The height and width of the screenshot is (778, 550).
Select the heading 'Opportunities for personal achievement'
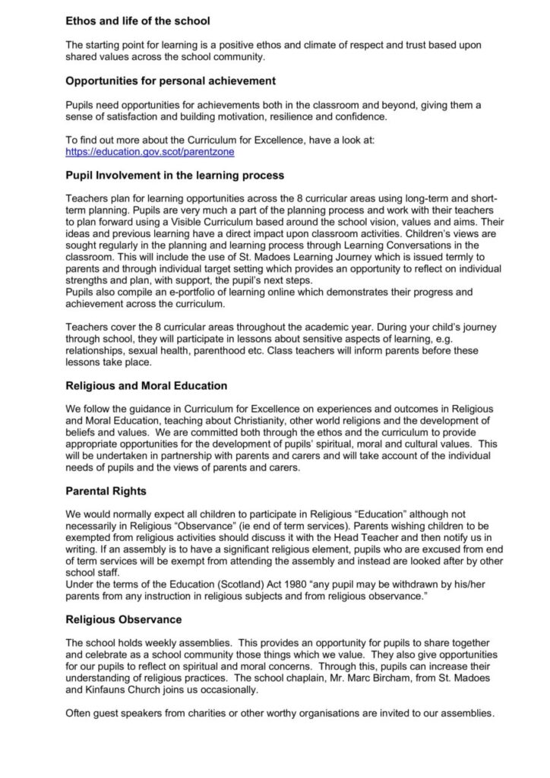click(x=170, y=81)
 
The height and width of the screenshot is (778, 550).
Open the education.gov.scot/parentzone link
click(x=150, y=152)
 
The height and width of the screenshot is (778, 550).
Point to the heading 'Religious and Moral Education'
click(x=147, y=386)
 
